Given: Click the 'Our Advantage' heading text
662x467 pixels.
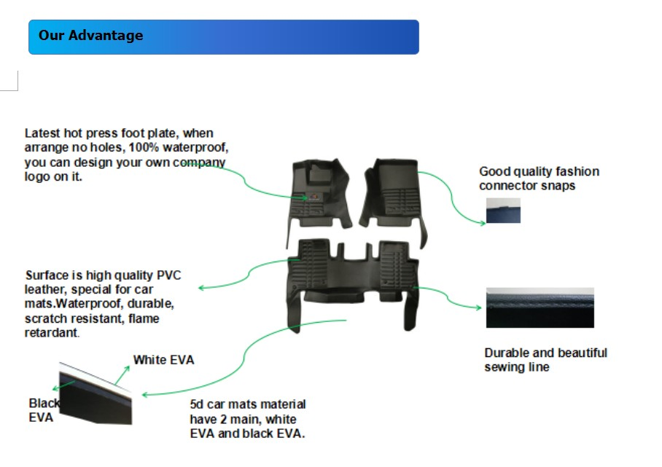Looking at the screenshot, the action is point(91,36).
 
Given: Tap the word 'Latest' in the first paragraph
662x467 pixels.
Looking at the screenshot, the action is point(42,133).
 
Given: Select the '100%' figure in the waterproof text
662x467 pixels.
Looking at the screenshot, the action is point(144,148).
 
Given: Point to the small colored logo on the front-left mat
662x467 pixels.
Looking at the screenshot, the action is point(314,197).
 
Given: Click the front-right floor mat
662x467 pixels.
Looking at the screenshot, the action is point(394,197).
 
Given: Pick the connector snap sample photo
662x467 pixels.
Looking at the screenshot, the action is point(503,211).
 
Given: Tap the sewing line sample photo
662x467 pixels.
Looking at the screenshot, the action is point(540,307).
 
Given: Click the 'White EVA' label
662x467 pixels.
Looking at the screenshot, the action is point(164,360).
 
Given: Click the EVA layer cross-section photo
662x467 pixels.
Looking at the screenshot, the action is point(96,393).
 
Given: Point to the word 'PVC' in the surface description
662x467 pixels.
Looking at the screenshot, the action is point(169,275).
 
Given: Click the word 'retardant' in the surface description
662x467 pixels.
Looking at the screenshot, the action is point(51,333).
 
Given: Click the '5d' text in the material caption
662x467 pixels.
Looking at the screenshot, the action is point(196,404).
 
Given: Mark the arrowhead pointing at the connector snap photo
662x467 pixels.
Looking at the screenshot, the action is point(483,223).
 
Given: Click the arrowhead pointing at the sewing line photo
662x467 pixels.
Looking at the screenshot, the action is point(478,307).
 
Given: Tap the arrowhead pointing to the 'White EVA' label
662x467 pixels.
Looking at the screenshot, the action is point(127,369).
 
